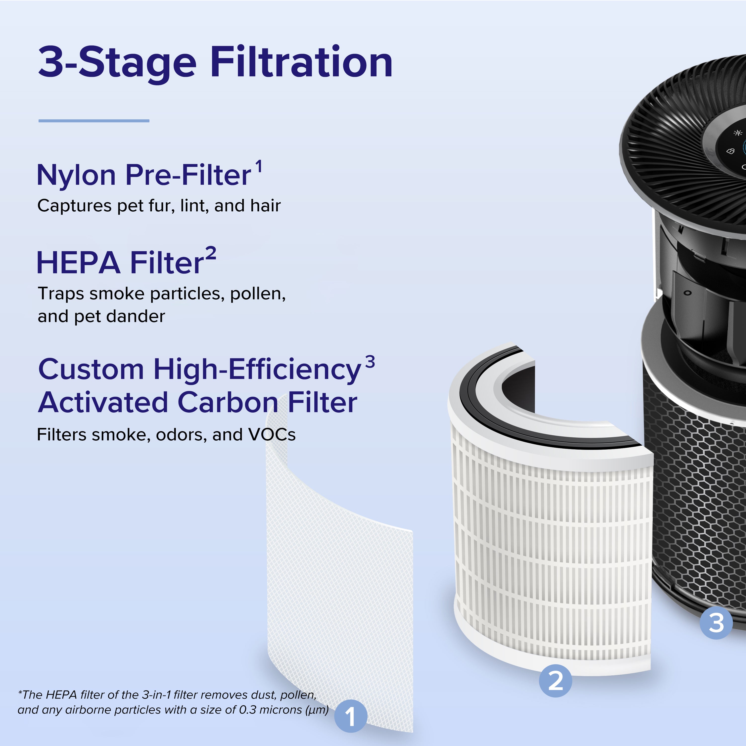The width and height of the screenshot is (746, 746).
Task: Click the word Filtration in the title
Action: click(301, 62)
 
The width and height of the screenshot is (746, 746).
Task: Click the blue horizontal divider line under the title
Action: click(94, 121)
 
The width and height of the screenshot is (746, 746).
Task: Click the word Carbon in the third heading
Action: click(228, 402)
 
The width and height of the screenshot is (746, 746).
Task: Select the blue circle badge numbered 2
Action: click(555, 680)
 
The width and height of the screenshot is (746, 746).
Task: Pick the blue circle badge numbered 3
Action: click(716, 623)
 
